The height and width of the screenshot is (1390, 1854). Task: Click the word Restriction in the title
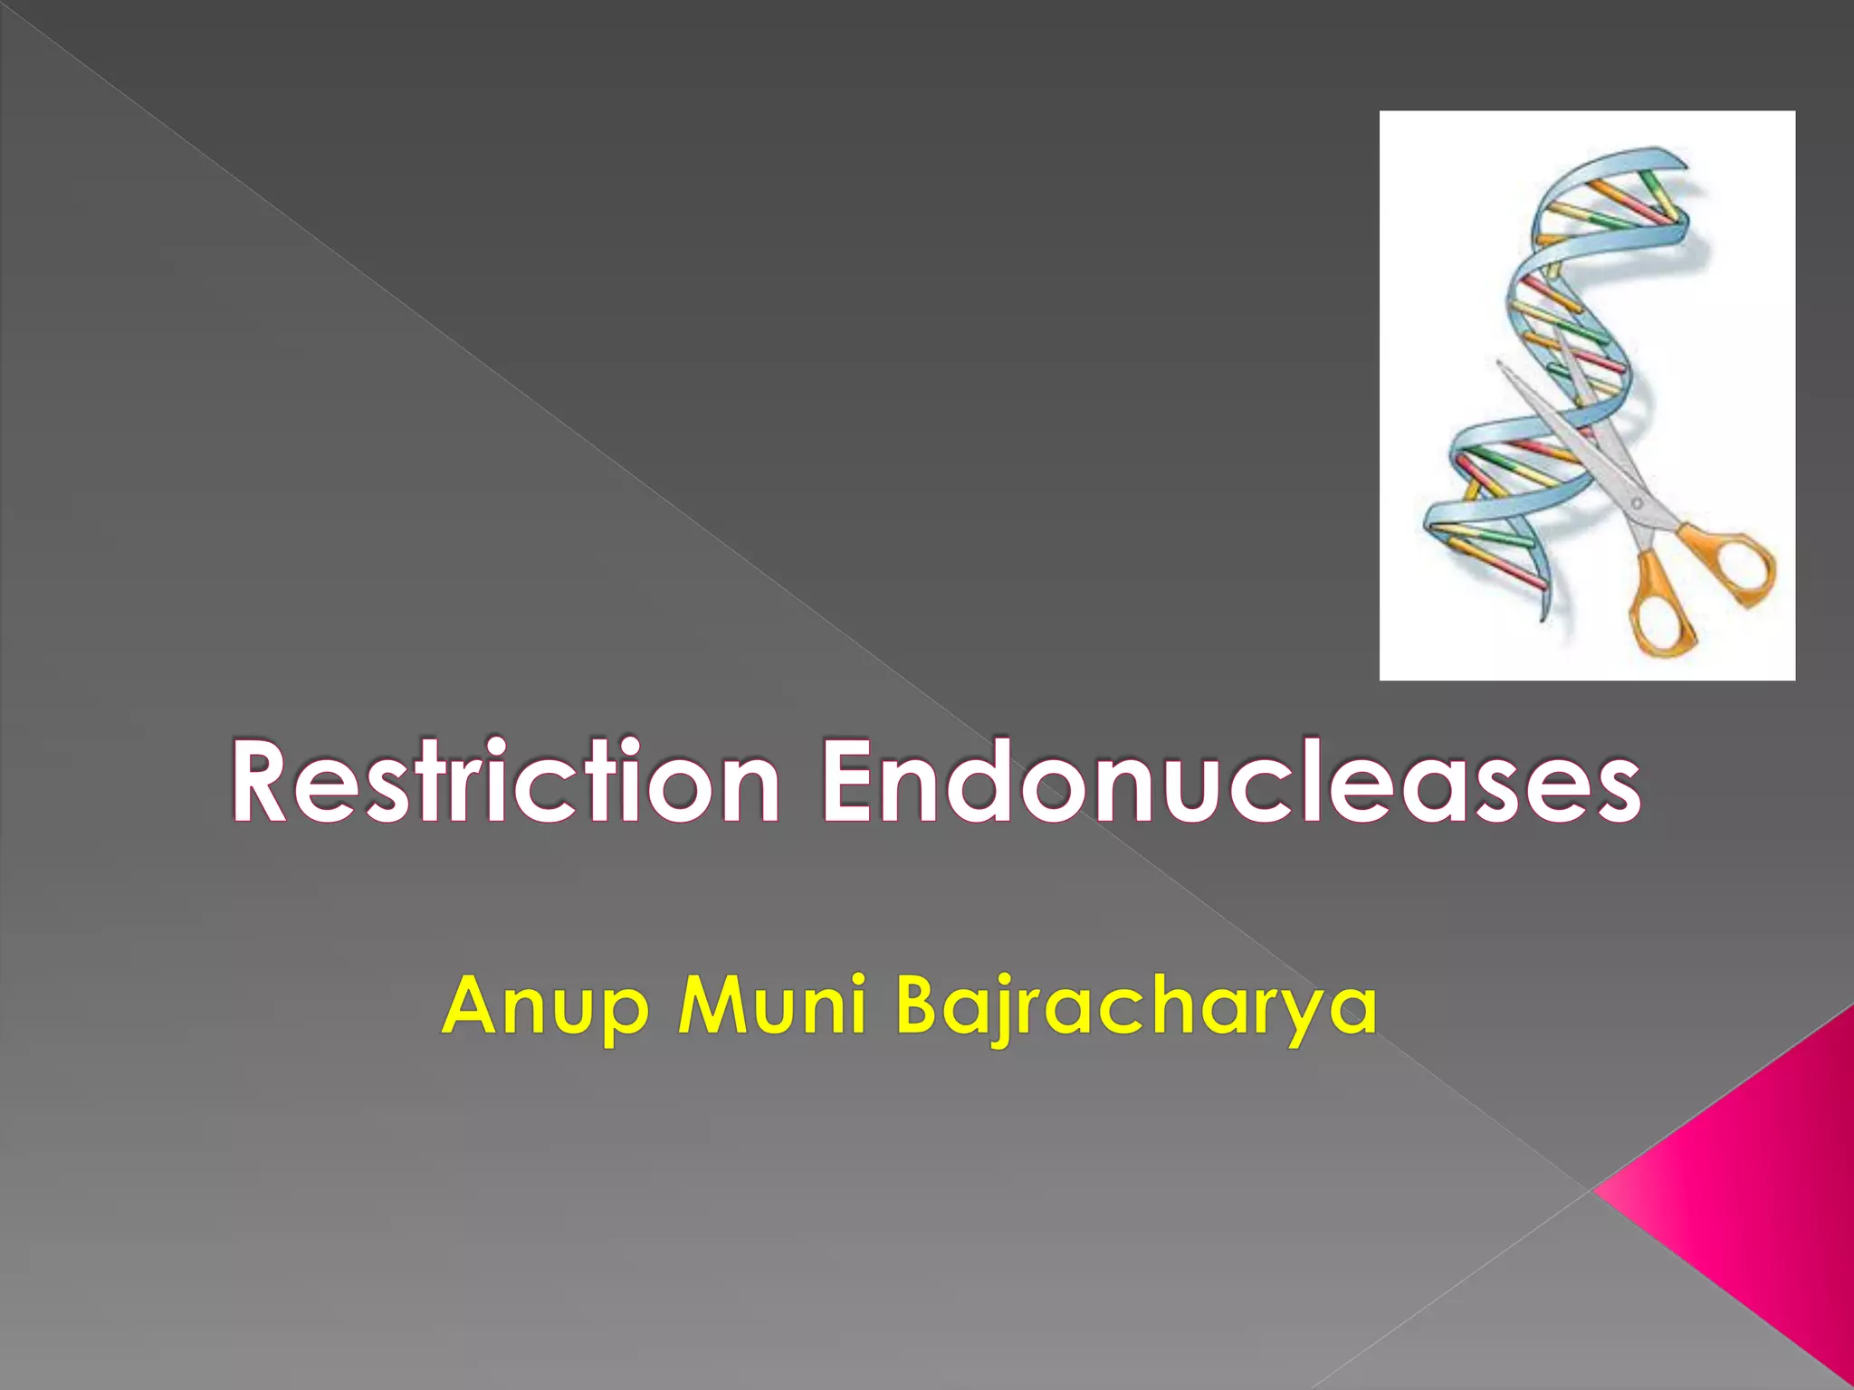point(505,780)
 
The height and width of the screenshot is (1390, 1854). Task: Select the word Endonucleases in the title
point(1229,780)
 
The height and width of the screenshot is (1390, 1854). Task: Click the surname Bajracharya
point(1136,1006)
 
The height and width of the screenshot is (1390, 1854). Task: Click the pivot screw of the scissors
point(1636,502)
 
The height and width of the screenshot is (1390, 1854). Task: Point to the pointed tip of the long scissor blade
point(1499,364)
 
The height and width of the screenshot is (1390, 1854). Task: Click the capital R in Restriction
point(263,780)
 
